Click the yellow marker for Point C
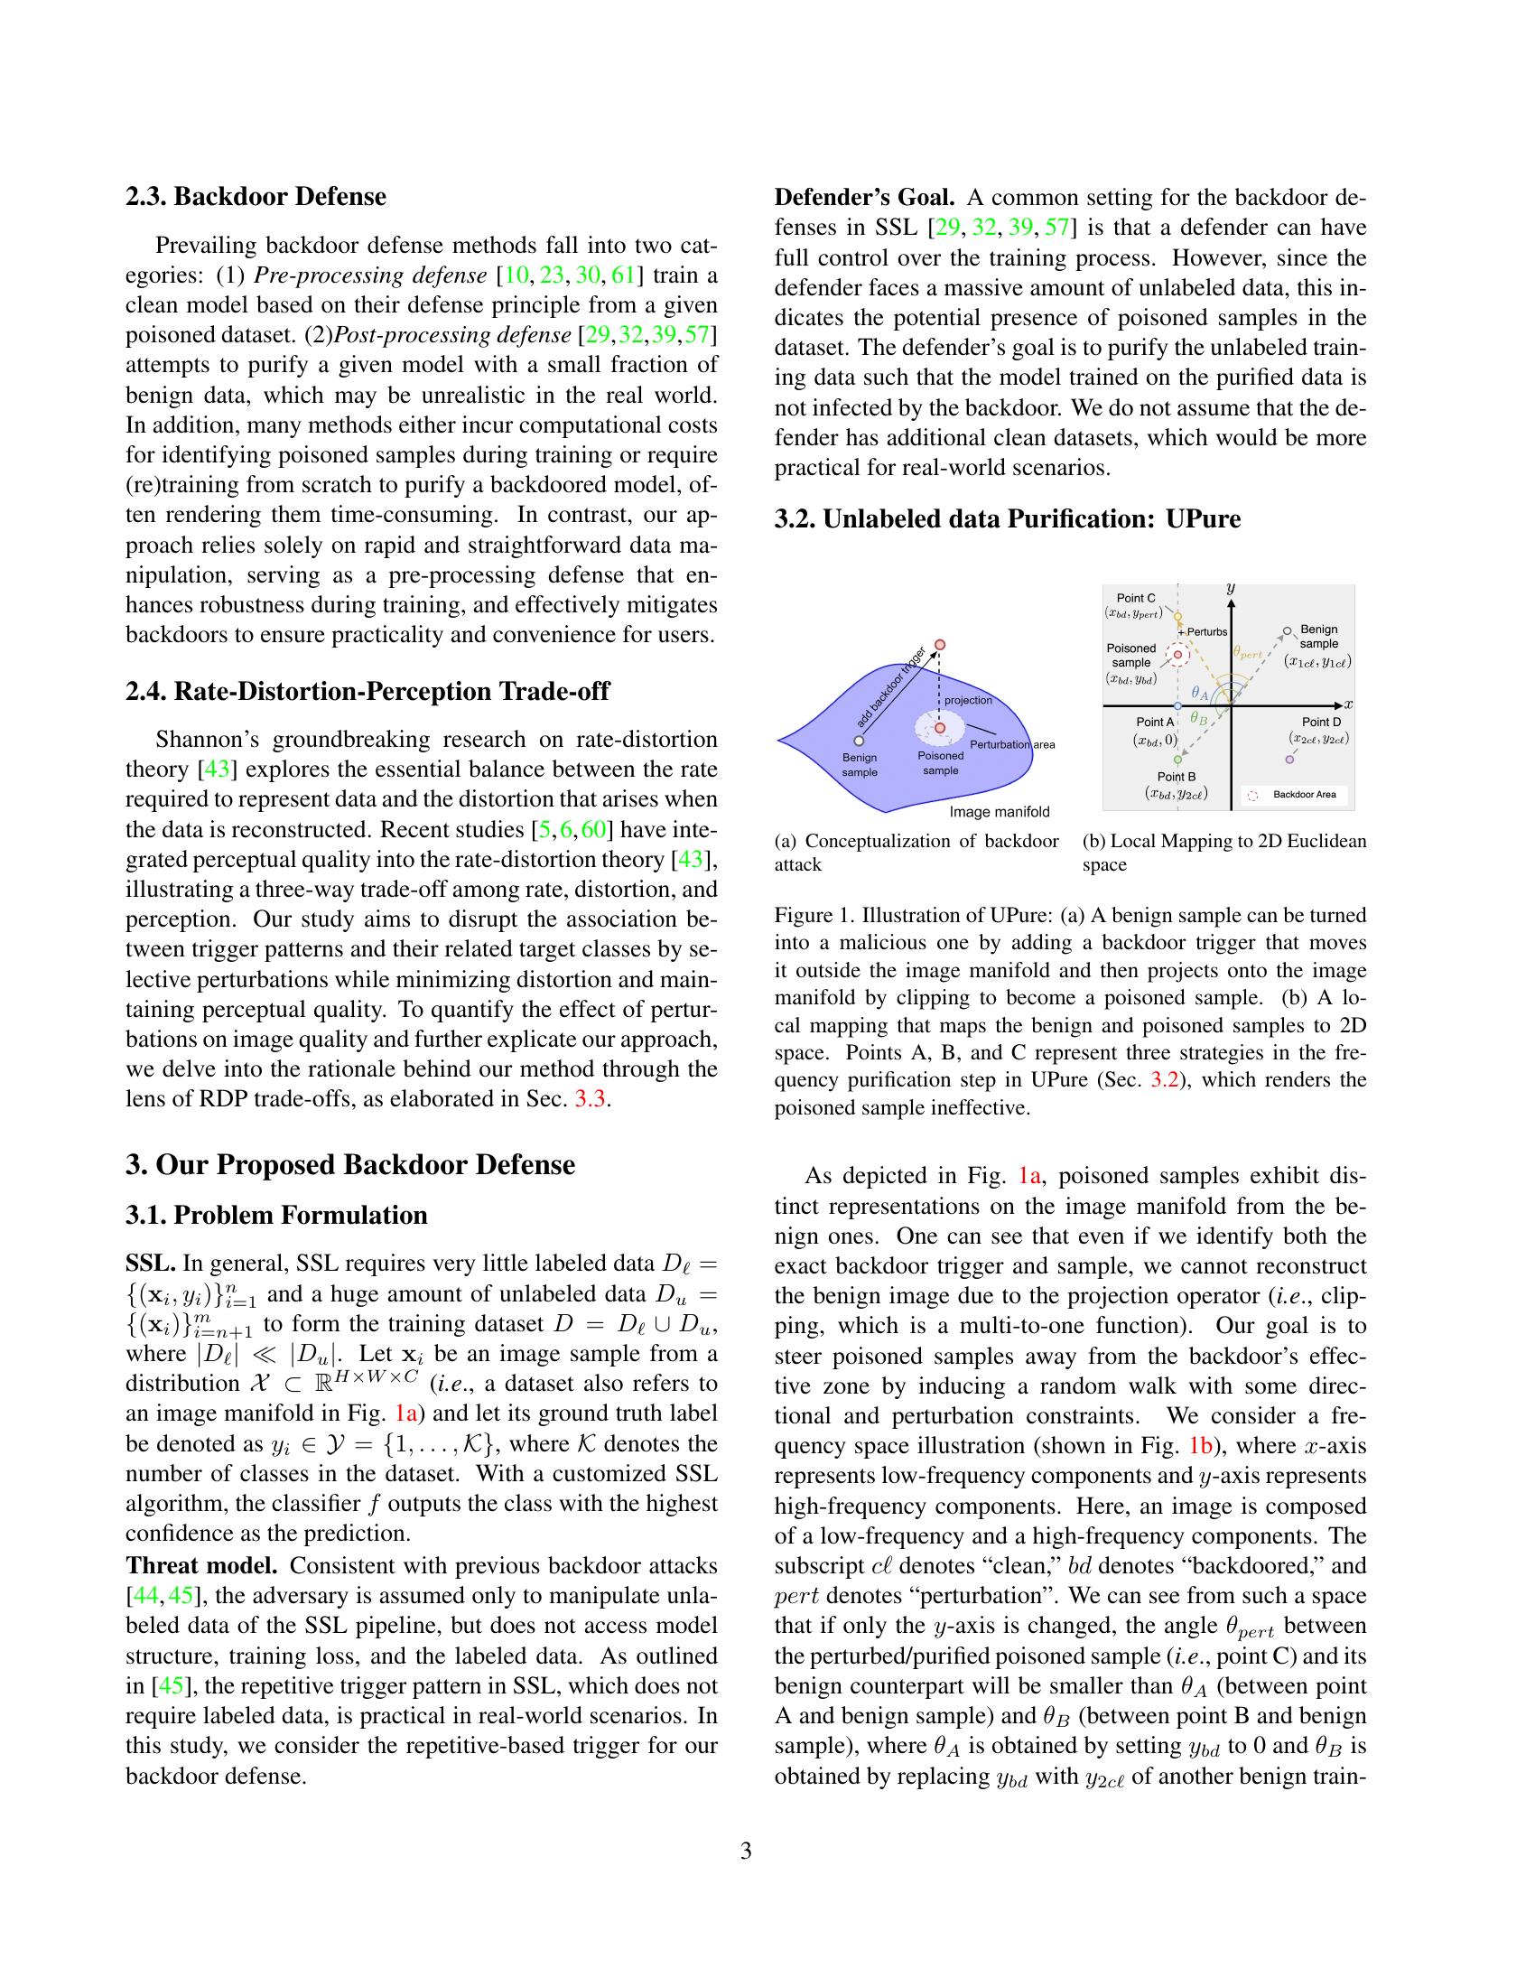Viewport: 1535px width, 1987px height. click(x=1178, y=617)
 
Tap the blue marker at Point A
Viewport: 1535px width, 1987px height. click(x=1178, y=706)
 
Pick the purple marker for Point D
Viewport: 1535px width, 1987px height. click(x=1290, y=760)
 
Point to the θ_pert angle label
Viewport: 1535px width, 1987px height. click(x=1248, y=653)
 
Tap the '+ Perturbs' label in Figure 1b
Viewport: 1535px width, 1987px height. click(x=1204, y=632)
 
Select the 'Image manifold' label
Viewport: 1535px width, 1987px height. click(x=1000, y=812)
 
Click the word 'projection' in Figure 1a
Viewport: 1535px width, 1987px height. click(x=968, y=701)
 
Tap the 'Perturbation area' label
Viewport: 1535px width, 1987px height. click(x=1012, y=745)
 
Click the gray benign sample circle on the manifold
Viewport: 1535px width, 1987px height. click(x=859, y=741)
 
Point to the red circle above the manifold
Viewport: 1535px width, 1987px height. click(x=941, y=644)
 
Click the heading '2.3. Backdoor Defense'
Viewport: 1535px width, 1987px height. click(x=256, y=197)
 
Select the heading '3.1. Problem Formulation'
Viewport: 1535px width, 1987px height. click(x=276, y=1216)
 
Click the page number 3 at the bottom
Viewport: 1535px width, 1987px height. click(x=746, y=1852)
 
